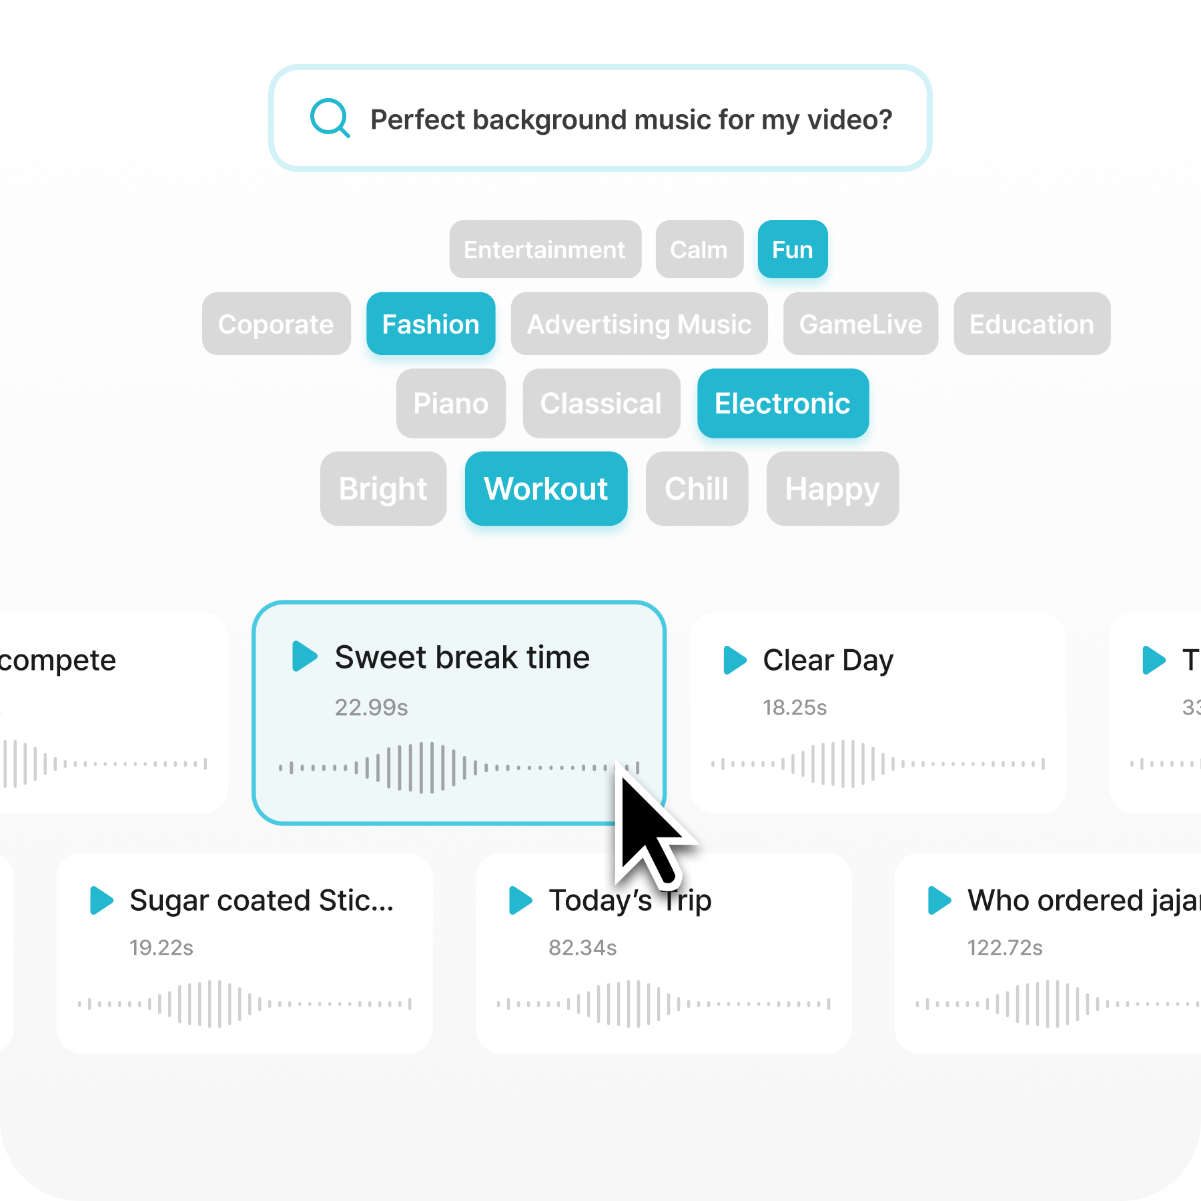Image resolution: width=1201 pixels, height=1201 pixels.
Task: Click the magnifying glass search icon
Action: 330,118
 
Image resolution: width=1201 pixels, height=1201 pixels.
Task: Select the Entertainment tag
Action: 545,250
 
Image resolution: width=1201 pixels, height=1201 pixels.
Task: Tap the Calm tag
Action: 699,250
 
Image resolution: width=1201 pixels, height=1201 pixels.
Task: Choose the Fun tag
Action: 792,250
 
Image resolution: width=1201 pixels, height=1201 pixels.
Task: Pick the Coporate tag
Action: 276,324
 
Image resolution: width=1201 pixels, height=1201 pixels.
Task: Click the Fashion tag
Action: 430,324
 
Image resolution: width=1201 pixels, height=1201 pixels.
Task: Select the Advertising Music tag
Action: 639,324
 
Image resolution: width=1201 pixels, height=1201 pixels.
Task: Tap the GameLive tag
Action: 860,324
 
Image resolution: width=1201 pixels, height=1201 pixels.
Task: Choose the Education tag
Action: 1032,324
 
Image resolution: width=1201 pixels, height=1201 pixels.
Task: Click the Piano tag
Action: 450,404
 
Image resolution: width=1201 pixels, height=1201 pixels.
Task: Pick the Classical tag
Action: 600,404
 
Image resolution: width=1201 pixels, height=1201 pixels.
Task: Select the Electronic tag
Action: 783,404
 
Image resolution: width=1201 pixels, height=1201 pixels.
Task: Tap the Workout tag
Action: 546,488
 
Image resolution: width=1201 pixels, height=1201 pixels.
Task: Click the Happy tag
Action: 832,488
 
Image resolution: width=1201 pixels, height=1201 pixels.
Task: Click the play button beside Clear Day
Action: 735,660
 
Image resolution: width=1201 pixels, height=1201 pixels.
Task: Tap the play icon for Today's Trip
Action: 520,900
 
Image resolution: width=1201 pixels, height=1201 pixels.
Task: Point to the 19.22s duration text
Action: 161,947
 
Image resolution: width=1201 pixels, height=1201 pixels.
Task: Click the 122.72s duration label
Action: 1005,947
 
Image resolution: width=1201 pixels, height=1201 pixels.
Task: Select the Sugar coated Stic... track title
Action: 262,900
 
